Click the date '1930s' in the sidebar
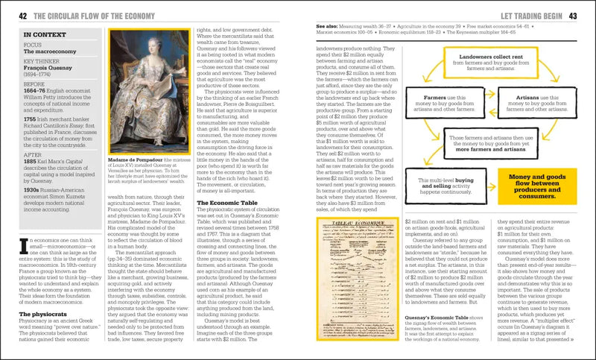pos(32,190)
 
